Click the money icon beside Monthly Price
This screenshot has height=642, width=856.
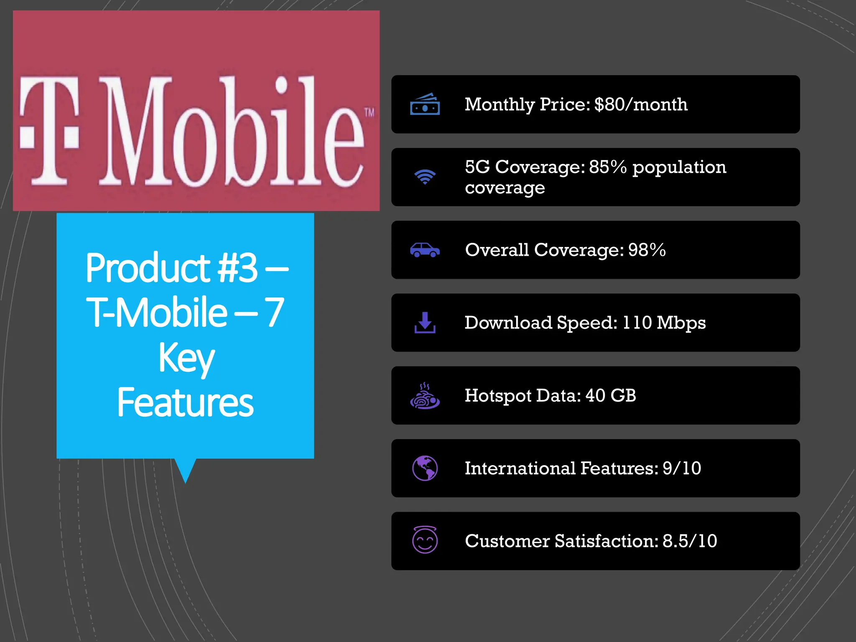point(425,104)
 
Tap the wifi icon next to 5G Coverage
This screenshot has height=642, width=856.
point(425,177)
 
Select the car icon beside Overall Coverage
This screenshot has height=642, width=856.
point(425,250)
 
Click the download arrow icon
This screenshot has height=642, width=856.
point(425,323)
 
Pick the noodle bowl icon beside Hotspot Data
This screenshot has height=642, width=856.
point(425,396)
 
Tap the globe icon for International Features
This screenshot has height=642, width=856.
point(425,468)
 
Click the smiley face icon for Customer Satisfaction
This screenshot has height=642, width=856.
point(425,540)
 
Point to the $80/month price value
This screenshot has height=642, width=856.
point(641,104)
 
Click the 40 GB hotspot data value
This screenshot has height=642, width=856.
point(611,395)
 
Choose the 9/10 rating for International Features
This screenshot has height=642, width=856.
point(682,468)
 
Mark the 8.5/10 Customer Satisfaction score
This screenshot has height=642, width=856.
point(690,541)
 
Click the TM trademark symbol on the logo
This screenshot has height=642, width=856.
point(369,112)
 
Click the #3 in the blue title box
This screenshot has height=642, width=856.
point(237,268)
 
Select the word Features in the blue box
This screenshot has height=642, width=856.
point(185,402)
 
